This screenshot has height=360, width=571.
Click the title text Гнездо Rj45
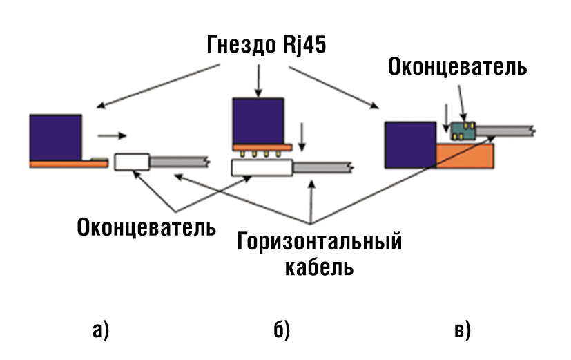(266, 46)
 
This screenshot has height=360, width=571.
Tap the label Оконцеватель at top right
(458, 68)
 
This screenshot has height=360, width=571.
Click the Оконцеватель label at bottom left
(146, 227)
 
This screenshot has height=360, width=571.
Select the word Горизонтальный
(320, 243)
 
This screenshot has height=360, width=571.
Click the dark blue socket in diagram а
(56, 137)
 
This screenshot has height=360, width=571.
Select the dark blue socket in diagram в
(409, 144)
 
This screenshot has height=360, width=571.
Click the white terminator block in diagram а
(132, 162)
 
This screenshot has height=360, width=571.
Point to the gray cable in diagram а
(180, 161)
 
